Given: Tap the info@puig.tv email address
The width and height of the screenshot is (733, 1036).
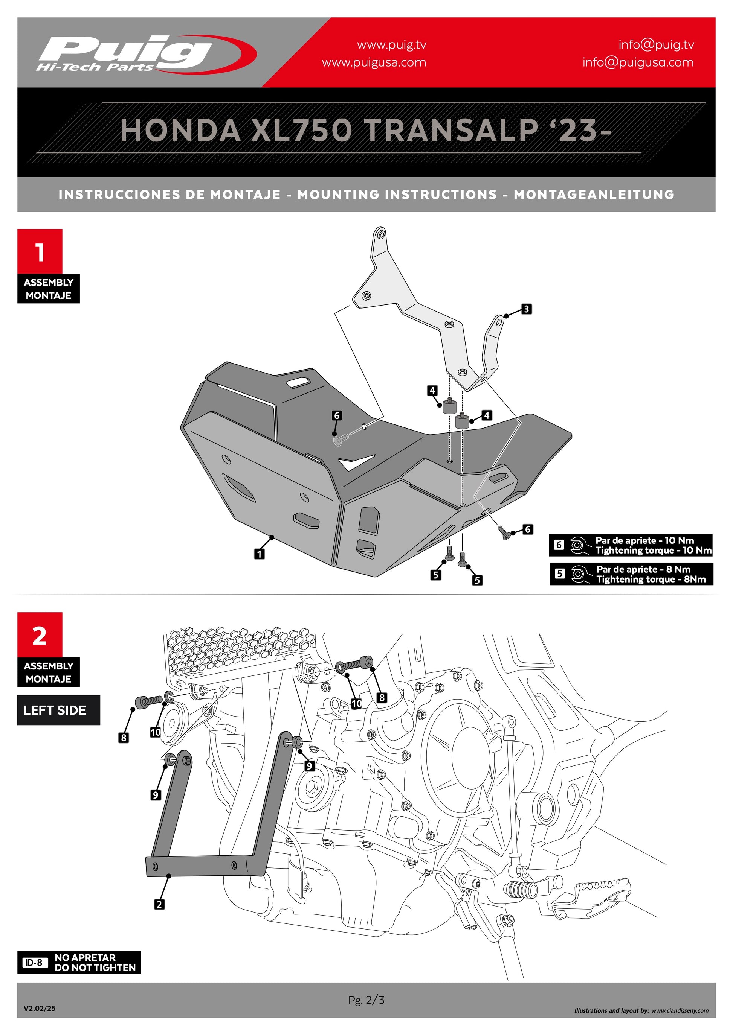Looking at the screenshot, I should point(656,45).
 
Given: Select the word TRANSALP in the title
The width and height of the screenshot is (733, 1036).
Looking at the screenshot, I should point(451,131).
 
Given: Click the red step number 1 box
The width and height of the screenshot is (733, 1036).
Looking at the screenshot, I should point(40,251).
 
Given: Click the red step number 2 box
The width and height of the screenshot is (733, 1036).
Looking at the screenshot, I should point(40,635).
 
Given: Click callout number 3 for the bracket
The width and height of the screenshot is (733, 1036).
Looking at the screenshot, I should point(526,309).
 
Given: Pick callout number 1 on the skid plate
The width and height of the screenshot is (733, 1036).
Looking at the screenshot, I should point(260,554).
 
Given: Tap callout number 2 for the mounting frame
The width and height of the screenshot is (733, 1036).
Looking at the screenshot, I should point(159,904).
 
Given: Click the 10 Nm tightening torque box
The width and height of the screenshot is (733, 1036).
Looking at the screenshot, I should point(631,545).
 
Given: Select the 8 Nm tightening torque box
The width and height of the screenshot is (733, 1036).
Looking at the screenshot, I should point(631,574).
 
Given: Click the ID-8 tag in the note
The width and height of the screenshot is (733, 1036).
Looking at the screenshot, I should point(34,963).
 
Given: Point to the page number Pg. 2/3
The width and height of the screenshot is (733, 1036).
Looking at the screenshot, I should point(366,1000).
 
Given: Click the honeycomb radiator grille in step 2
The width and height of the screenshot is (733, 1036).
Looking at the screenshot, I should point(235,650).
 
